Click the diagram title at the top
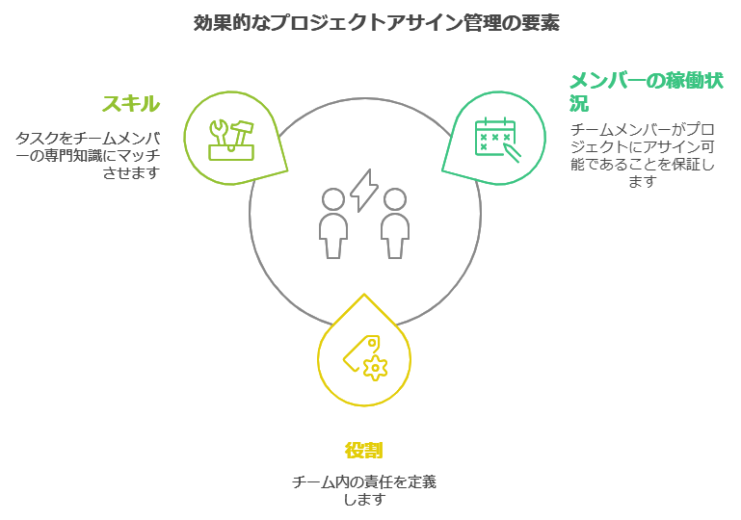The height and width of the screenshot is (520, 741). [376, 23]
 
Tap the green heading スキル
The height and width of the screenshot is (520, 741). [131, 103]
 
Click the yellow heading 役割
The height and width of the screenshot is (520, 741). [364, 450]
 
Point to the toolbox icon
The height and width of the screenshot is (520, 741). [231, 141]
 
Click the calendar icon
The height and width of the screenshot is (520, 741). [497, 140]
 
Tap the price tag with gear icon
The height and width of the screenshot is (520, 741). [365, 357]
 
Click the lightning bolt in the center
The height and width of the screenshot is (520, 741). [364, 191]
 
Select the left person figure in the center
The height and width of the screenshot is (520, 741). [333, 223]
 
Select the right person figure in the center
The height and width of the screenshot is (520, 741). [395, 223]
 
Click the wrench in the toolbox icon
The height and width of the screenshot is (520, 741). [221, 133]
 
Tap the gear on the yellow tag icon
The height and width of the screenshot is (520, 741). [376, 368]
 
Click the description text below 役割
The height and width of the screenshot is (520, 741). [364, 490]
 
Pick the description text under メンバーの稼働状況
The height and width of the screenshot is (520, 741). [642, 155]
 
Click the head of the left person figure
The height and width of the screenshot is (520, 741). [333, 199]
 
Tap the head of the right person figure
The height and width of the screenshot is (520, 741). [395, 199]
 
